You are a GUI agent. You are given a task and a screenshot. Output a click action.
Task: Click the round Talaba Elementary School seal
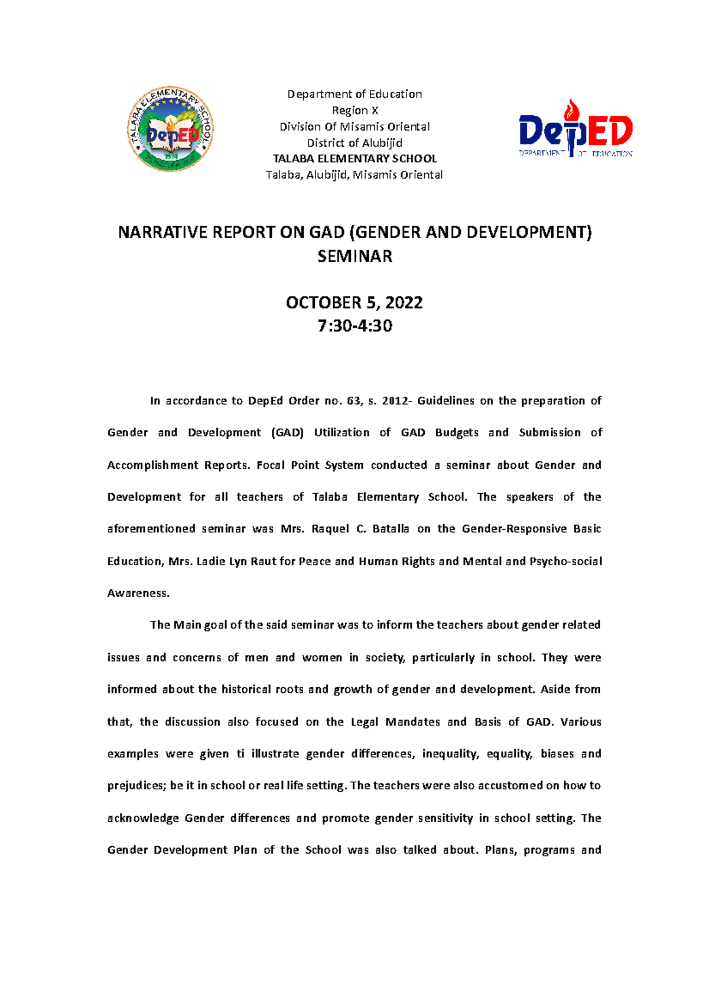170,129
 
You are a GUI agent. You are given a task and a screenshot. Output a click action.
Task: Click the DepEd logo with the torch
575,129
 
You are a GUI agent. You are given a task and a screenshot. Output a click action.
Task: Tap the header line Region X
354,111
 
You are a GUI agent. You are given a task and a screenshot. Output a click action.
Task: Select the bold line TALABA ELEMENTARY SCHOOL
354,158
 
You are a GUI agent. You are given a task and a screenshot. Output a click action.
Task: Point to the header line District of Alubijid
354,142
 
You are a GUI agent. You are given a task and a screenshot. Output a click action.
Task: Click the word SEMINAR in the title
354,256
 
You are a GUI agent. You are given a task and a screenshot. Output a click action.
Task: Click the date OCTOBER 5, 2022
354,303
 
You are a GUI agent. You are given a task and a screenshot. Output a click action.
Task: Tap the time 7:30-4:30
354,326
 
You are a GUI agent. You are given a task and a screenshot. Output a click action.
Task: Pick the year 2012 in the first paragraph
395,401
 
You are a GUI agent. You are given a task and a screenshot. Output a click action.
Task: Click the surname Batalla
391,529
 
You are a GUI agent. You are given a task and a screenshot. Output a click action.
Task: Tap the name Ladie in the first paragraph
210,561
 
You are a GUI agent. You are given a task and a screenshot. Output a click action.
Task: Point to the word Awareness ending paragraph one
138,593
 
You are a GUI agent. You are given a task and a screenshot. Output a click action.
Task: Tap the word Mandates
412,722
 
